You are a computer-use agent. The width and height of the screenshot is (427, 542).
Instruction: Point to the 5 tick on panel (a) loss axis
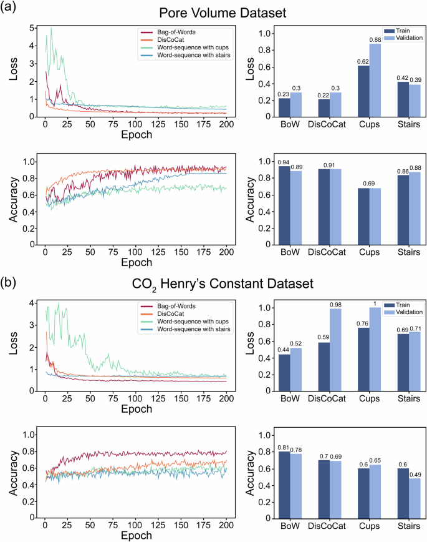click(32, 28)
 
